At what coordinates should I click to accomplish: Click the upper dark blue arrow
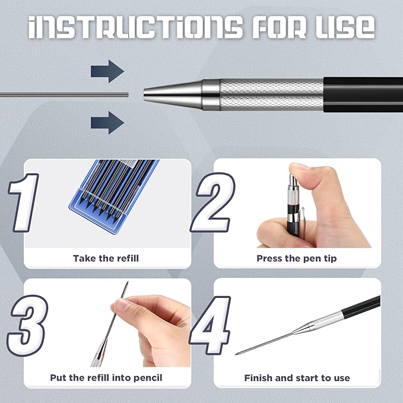[107, 72]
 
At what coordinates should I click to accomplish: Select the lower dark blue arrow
[107, 123]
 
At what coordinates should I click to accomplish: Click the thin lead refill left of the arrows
[59, 94]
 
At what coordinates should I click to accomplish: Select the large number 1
[24, 202]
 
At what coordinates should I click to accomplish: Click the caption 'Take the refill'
[107, 258]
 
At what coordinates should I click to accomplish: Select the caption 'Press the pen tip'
[297, 258]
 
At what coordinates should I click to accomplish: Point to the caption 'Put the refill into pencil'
[107, 377]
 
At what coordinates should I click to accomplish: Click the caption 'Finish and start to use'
[297, 377]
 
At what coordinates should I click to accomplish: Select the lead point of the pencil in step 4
[239, 353]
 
